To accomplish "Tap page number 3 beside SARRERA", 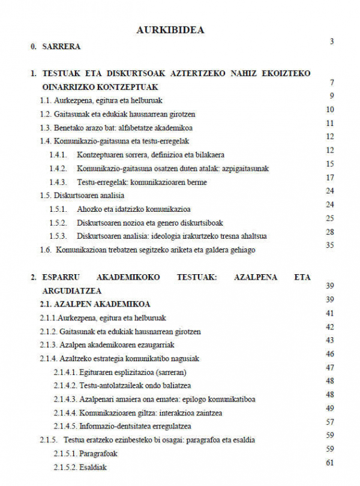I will (x=331, y=41).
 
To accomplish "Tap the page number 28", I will (x=329, y=232).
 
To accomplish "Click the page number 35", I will (x=329, y=245).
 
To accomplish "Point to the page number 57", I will (x=329, y=422).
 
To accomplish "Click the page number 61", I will (x=329, y=463).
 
